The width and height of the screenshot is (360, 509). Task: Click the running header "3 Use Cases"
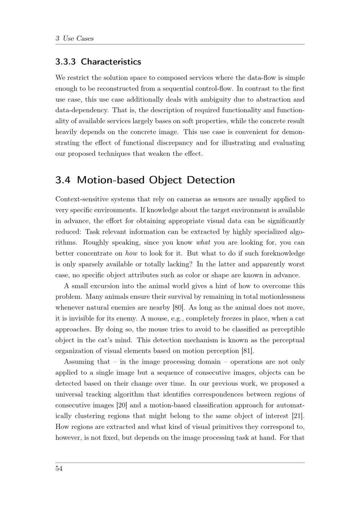(75, 39)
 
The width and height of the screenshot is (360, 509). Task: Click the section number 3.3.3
(66, 62)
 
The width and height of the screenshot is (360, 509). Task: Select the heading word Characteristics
(111, 62)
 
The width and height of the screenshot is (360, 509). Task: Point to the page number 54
(59, 468)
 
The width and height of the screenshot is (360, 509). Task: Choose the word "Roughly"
(95, 243)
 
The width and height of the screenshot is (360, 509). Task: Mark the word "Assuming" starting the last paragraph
(78, 362)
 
